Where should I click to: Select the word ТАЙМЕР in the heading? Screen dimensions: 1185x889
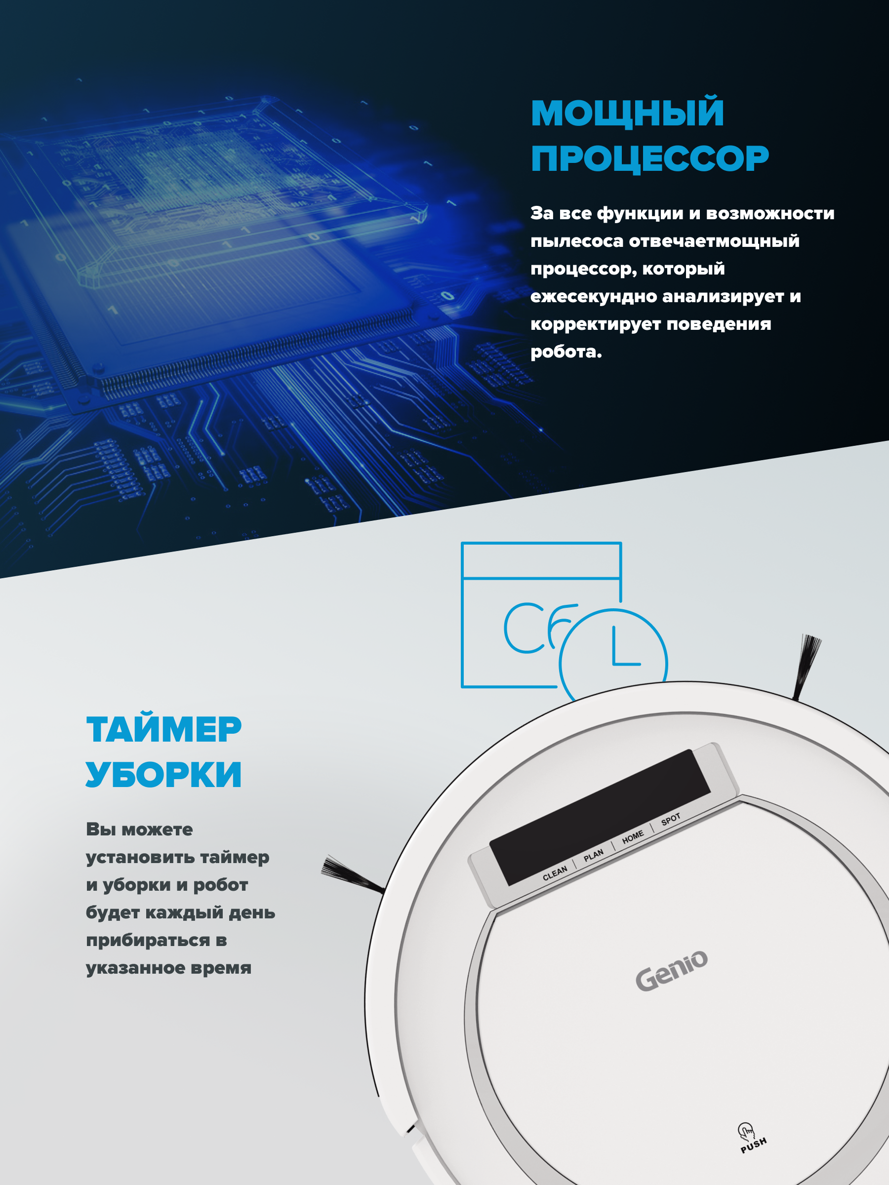click(164, 730)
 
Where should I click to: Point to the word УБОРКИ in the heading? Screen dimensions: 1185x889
click(164, 775)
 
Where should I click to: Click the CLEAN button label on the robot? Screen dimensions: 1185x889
click(555, 873)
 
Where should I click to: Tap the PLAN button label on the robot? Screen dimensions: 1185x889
click(593, 855)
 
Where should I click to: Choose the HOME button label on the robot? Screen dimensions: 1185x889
click(632, 837)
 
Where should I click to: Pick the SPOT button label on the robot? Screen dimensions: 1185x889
click(670, 819)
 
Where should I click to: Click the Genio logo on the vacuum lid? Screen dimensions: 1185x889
click(671, 970)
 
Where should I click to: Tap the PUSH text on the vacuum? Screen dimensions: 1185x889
click(753, 1145)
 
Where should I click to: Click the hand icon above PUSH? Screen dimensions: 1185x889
click(745, 1130)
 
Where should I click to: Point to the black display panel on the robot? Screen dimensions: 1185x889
click(600, 817)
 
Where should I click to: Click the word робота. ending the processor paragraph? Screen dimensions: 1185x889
click(566, 352)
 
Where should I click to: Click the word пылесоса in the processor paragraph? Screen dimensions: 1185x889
click(576, 241)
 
